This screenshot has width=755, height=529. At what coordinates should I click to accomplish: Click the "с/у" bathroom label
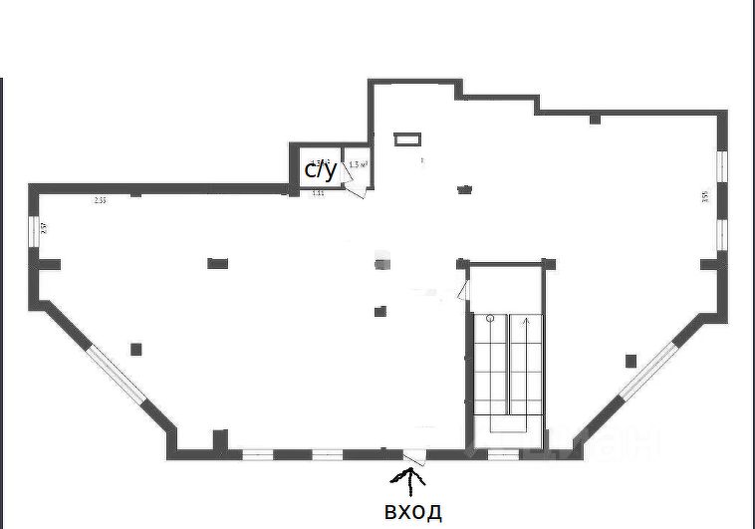(x=321, y=171)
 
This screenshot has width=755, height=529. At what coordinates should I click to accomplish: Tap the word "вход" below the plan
(x=412, y=512)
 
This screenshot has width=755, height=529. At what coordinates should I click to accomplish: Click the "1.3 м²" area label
(x=359, y=163)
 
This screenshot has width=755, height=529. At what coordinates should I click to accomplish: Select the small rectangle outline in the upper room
(x=407, y=140)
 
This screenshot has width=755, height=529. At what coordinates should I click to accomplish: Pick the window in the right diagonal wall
(x=648, y=371)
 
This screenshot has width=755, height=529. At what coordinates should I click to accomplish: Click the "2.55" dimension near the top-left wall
(x=100, y=200)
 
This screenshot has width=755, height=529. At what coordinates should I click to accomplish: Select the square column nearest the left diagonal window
(x=136, y=348)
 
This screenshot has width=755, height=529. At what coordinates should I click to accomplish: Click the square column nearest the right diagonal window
(x=629, y=360)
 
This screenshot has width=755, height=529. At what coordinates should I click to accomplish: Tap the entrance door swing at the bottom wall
(x=416, y=458)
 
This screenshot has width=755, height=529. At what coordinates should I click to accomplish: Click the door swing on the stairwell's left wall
(x=462, y=291)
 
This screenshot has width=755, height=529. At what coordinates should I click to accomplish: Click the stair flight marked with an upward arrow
(x=526, y=364)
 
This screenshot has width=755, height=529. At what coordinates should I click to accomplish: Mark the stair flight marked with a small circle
(x=490, y=364)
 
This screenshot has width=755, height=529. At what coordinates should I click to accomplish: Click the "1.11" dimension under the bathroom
(x=319, y=193)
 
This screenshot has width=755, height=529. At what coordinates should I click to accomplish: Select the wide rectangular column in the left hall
(x=219, y=263)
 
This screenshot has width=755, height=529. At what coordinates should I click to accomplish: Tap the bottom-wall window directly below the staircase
(x=503, y=454)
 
